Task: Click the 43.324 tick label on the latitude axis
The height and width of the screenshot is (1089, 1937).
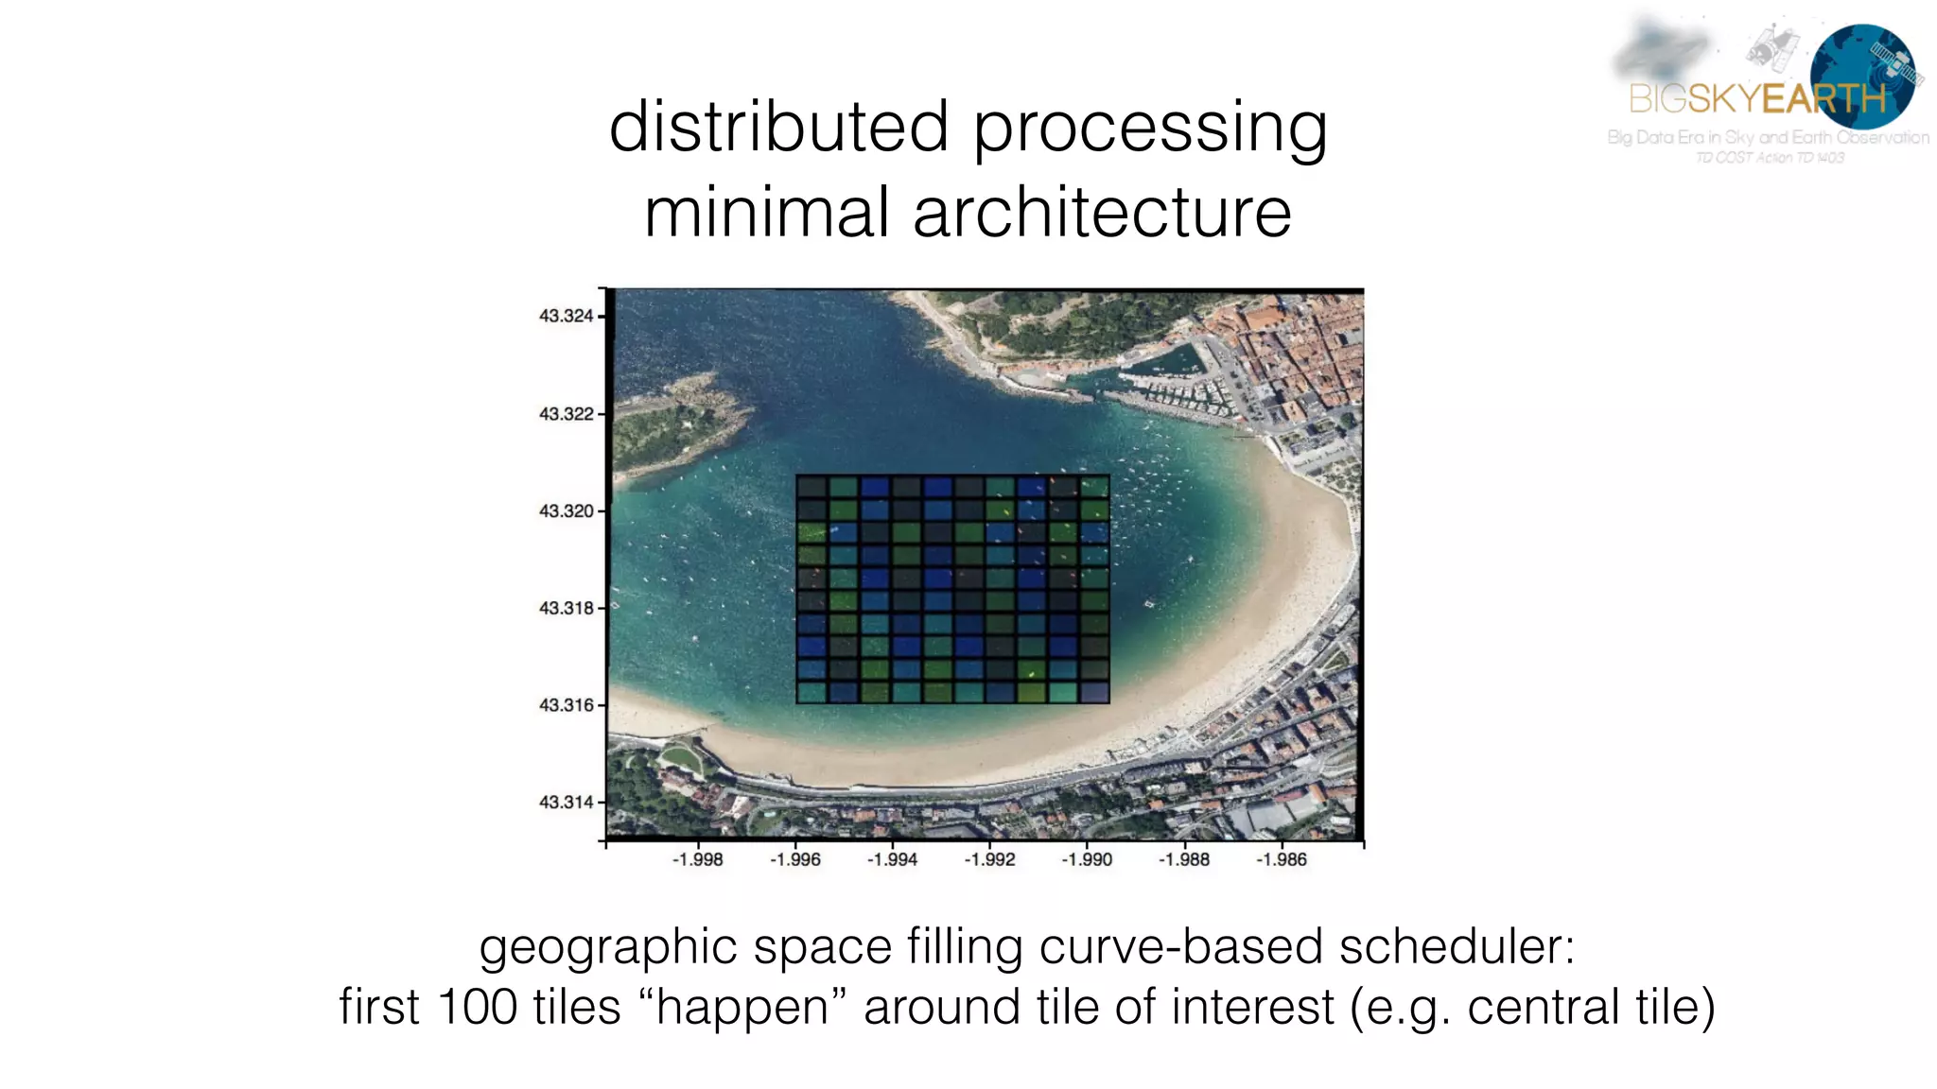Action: pyautogui.click(x=566, y=316)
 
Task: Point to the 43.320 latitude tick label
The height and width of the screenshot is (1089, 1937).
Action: pyautogui.click(x=566, y=511)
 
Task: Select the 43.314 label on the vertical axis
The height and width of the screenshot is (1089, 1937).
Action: pyautogui.click(x=566, y=803)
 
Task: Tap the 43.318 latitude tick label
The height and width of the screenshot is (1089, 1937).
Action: pyautogui.click(x=566, y=608)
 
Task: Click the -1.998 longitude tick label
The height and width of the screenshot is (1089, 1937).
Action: pyautogui.click(x=697, y=859)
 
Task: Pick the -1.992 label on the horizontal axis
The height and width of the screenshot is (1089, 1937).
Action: pyautogui.click(x=989, y=859)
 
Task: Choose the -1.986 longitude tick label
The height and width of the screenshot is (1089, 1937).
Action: pyautogui.click(x=1281, y=859)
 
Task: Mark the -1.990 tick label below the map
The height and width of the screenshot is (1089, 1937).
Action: pyautogui.click(x=1087, y=859)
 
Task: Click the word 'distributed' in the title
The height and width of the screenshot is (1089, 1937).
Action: pyautogui.click(x=778, y=127)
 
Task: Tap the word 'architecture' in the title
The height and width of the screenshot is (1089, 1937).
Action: pyautogui.click(x=1102, y=213)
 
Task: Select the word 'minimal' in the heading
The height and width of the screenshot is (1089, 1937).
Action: pyautogui.click(x=767, y=213)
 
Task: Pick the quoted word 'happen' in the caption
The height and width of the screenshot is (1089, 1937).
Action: pyautogui.click(x=742, y=1007)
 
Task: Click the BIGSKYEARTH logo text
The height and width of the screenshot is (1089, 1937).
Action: pyautogui.click(x=1757, y=98)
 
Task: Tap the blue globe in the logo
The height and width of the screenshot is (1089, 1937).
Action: pyautogui.click(x=1861, y=76)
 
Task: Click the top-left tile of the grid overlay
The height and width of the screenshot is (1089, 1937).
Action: pyautogui.click(x=811, y=487)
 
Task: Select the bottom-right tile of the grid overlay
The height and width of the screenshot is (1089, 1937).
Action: pyautogui.click(x=1094, y=692)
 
